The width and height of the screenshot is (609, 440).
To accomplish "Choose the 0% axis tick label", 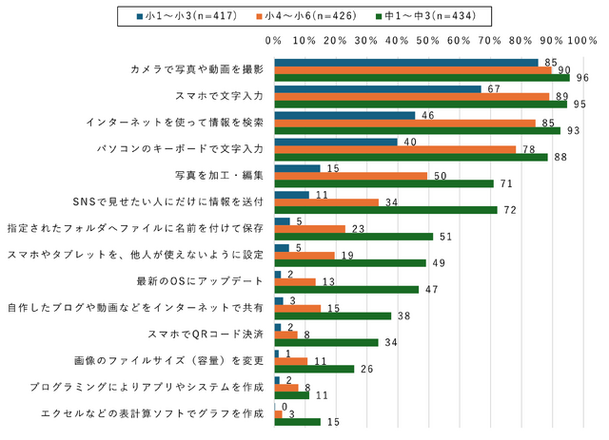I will click(274, 41).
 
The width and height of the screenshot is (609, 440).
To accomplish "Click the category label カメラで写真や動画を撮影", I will click(195, 70).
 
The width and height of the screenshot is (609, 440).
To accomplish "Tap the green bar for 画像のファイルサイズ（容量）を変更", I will click(314, 369).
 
